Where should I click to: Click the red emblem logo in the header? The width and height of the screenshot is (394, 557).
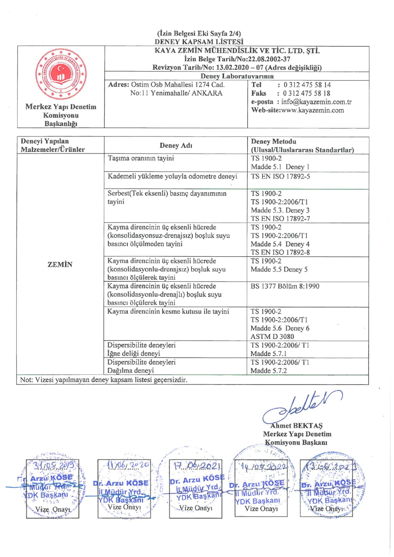[60, 74]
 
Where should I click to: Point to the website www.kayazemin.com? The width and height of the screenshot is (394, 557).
[311, 110]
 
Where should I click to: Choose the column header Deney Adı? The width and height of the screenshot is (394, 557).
[176, 145]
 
